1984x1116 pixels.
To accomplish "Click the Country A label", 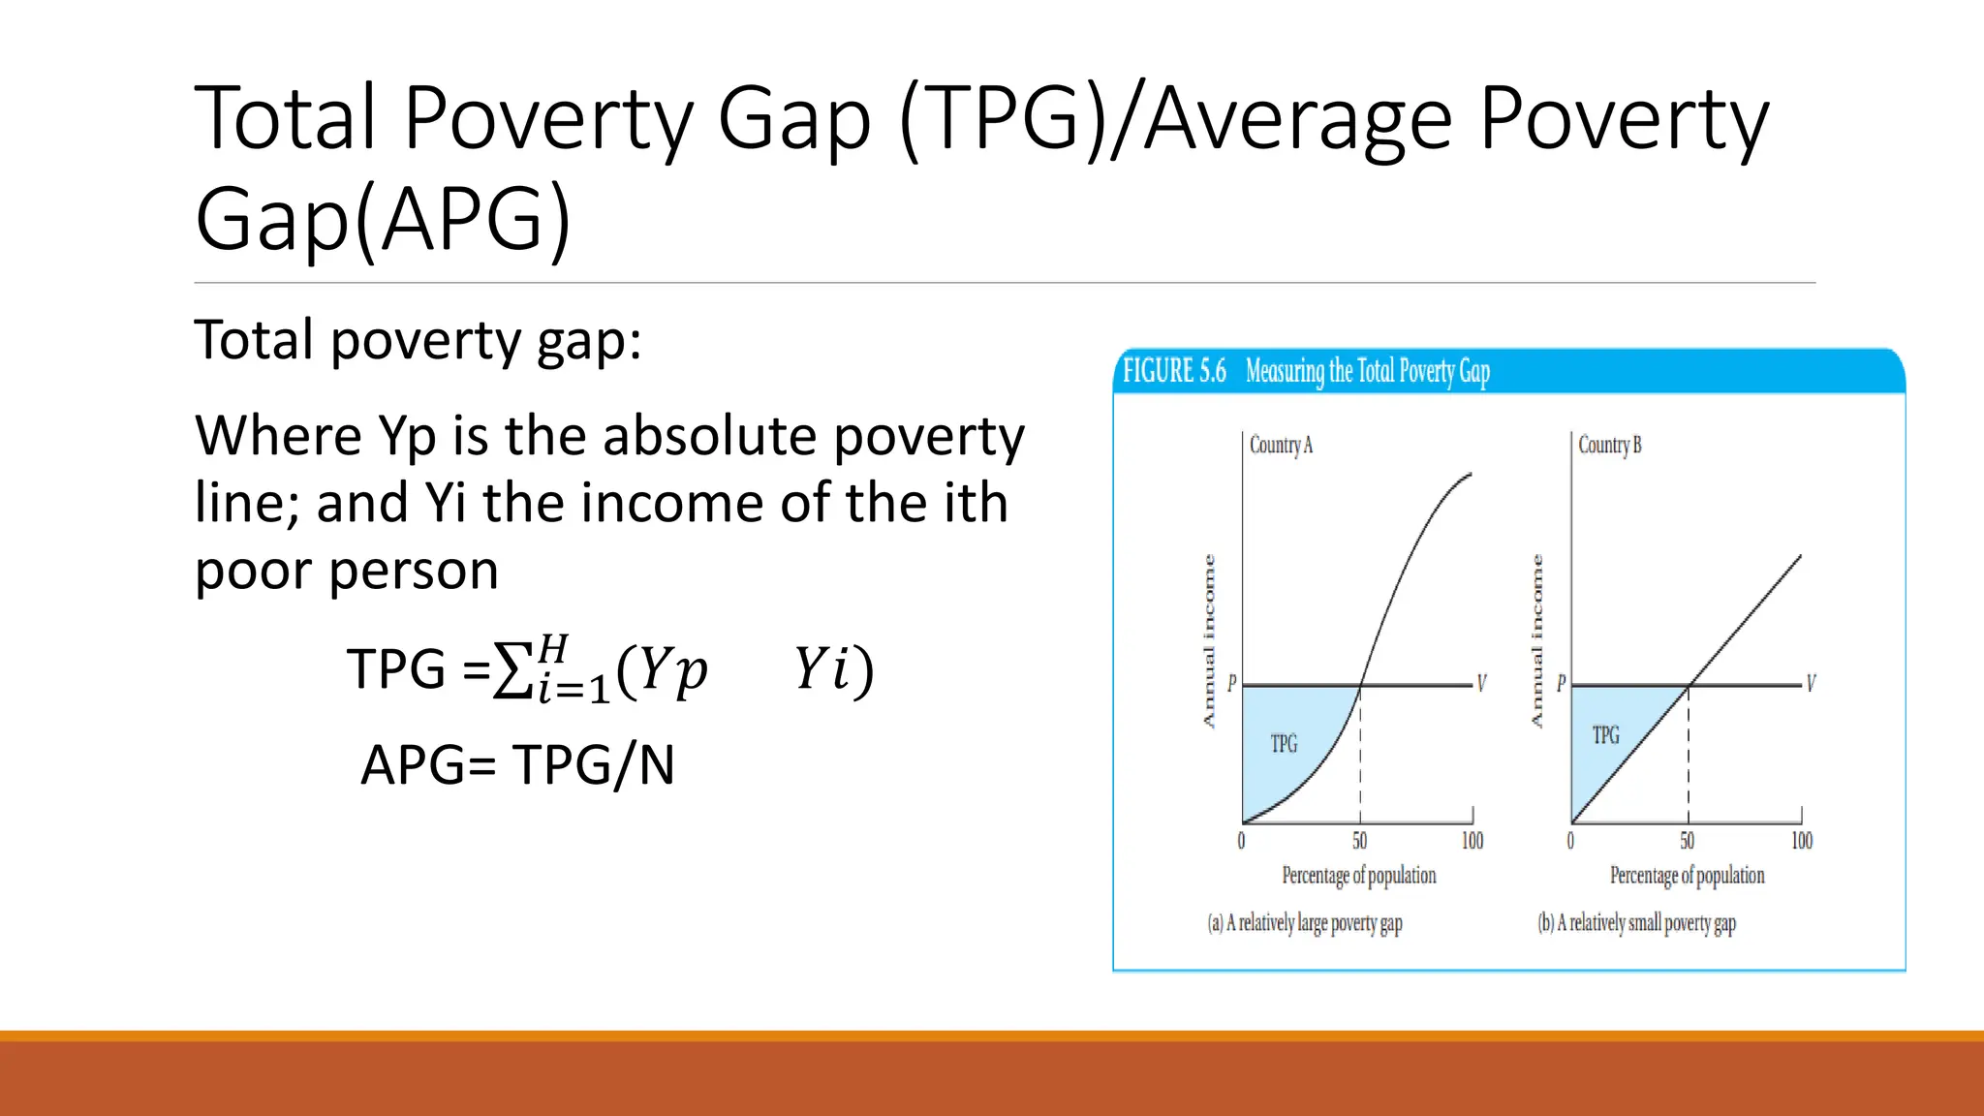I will pos(1281,446).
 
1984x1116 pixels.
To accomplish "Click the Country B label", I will pos(1609,446).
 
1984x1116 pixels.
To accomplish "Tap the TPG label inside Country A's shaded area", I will pos(1284,744).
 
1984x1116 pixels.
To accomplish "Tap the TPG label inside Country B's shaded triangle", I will pos(1605,735).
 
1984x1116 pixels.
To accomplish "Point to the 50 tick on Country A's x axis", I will pos(1360,841).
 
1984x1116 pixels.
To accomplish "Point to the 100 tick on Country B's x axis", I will pos(1801,841).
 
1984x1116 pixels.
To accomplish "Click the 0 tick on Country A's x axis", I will pos(1241,841).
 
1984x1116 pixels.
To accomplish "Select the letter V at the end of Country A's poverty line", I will pos(1481,684).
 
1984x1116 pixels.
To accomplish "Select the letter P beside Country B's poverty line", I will pos(1561,684).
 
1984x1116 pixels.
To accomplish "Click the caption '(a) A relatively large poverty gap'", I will pos(1304,923).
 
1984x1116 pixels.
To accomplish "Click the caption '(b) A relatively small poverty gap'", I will pos(1636,923).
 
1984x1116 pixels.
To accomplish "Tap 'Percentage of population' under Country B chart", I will pos(1687,876).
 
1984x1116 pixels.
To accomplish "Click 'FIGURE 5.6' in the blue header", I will pos(1174,371).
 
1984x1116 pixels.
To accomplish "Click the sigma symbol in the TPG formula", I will pos(511,669).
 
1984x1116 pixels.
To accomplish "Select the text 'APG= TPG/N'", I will pos(517,765).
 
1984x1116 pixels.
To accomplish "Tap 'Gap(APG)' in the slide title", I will pos(383,219).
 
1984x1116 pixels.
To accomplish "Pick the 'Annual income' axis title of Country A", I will pos(1209,641).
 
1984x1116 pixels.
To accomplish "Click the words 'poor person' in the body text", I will pos(347,571).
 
